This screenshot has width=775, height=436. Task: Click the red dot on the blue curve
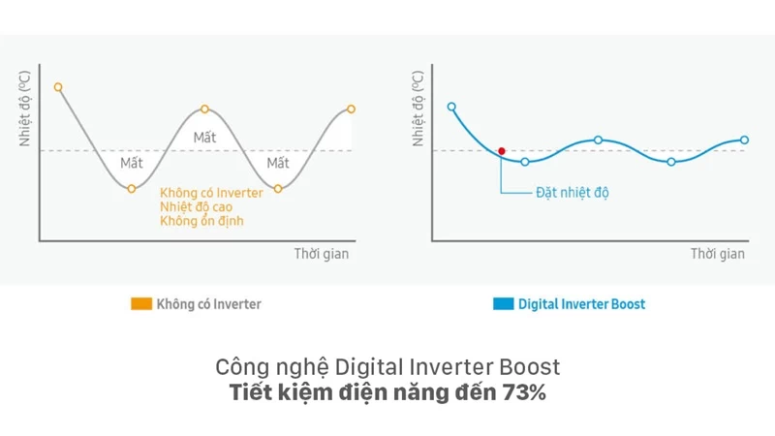click(501, 151)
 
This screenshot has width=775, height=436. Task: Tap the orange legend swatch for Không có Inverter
click(141, 304)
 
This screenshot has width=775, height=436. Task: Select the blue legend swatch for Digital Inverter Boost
click(503, 304)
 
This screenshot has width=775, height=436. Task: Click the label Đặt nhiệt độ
click(572, 193)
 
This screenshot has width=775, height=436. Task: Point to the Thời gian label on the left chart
click(321, 254)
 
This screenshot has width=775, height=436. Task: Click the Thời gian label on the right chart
click(717, 254)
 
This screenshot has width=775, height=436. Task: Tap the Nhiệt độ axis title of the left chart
click(26, 109)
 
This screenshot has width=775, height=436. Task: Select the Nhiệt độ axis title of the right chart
click(418, 109)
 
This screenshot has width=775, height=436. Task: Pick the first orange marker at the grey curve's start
click(58, 87)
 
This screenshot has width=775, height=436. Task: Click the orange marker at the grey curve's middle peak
click(204, 109)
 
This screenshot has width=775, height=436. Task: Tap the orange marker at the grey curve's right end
click(351, 109)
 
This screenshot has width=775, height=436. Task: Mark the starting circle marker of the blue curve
click(451, 107)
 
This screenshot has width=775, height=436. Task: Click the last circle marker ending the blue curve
click(745, 140)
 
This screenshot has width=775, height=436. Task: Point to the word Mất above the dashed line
click(204, 138)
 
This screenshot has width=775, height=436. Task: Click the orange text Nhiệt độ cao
click(196, 207)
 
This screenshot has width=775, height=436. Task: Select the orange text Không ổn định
click(201, 221)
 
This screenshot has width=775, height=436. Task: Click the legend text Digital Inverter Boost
click(581, 304)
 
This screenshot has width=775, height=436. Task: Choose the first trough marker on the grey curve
click(132, 188)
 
